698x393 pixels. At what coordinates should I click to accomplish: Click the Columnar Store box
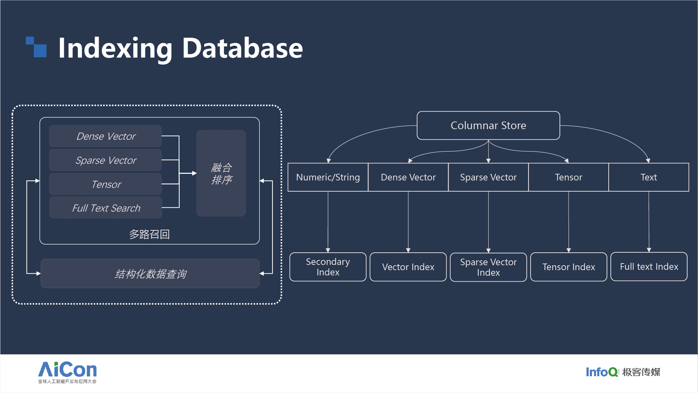(488, 126)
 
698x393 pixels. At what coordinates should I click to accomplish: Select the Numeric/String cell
(328, 177)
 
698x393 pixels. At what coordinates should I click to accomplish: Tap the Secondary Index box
(328, 267)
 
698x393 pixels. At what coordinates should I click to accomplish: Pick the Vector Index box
(408, 267)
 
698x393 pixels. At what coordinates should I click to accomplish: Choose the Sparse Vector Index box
(488, 267)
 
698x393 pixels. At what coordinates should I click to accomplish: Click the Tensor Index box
(569, 267)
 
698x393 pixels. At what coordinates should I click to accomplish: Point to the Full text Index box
(649, 267)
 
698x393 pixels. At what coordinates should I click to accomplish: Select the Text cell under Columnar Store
(648, 177)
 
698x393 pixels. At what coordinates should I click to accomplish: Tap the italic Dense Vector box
(106, 136)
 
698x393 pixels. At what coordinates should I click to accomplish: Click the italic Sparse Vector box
(106, 160)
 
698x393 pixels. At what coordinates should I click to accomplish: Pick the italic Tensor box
(106, 184)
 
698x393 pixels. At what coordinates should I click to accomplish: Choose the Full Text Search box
(106, 208)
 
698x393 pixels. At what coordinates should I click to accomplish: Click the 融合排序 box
(221, 173)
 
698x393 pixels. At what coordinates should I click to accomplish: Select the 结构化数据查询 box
(150, 274)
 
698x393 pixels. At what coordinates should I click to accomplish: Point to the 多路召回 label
(149, 234)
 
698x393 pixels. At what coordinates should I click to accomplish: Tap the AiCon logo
(67, 372)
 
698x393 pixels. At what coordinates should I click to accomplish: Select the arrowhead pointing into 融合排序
(194, 173)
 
